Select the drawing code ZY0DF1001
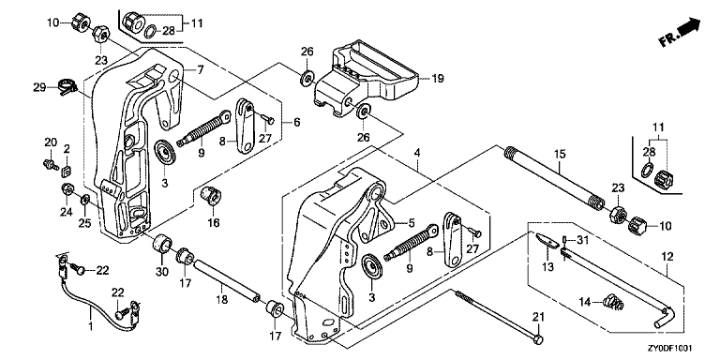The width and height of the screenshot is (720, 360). coord(671,349)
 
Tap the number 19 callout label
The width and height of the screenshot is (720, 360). coord(438,79)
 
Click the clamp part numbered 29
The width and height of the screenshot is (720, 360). coord(67,86)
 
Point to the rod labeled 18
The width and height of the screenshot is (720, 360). coord(227,282)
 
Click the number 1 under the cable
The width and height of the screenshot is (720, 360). coord(90,327)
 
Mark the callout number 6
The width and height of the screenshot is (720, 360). coord(296,123)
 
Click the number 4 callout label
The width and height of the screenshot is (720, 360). coord(417,152)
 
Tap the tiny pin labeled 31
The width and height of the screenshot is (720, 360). coord(564,240)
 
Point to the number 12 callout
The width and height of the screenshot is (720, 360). coord(667,256)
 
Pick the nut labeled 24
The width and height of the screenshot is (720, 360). coord(67,188)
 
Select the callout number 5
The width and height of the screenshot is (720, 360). coord(412,223)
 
